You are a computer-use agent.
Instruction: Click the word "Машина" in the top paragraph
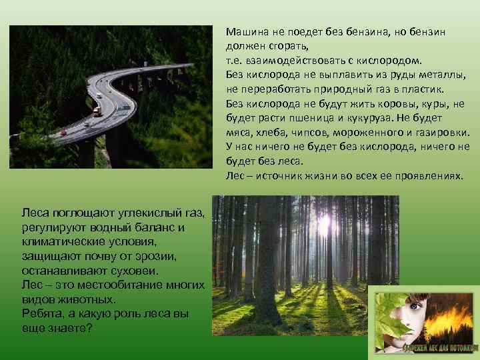[245, 32]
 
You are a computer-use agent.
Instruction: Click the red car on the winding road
[63, 133]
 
